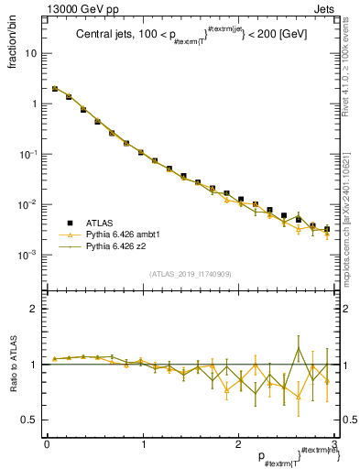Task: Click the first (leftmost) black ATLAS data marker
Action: point(55,89)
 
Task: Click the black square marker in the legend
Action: point(69,223)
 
